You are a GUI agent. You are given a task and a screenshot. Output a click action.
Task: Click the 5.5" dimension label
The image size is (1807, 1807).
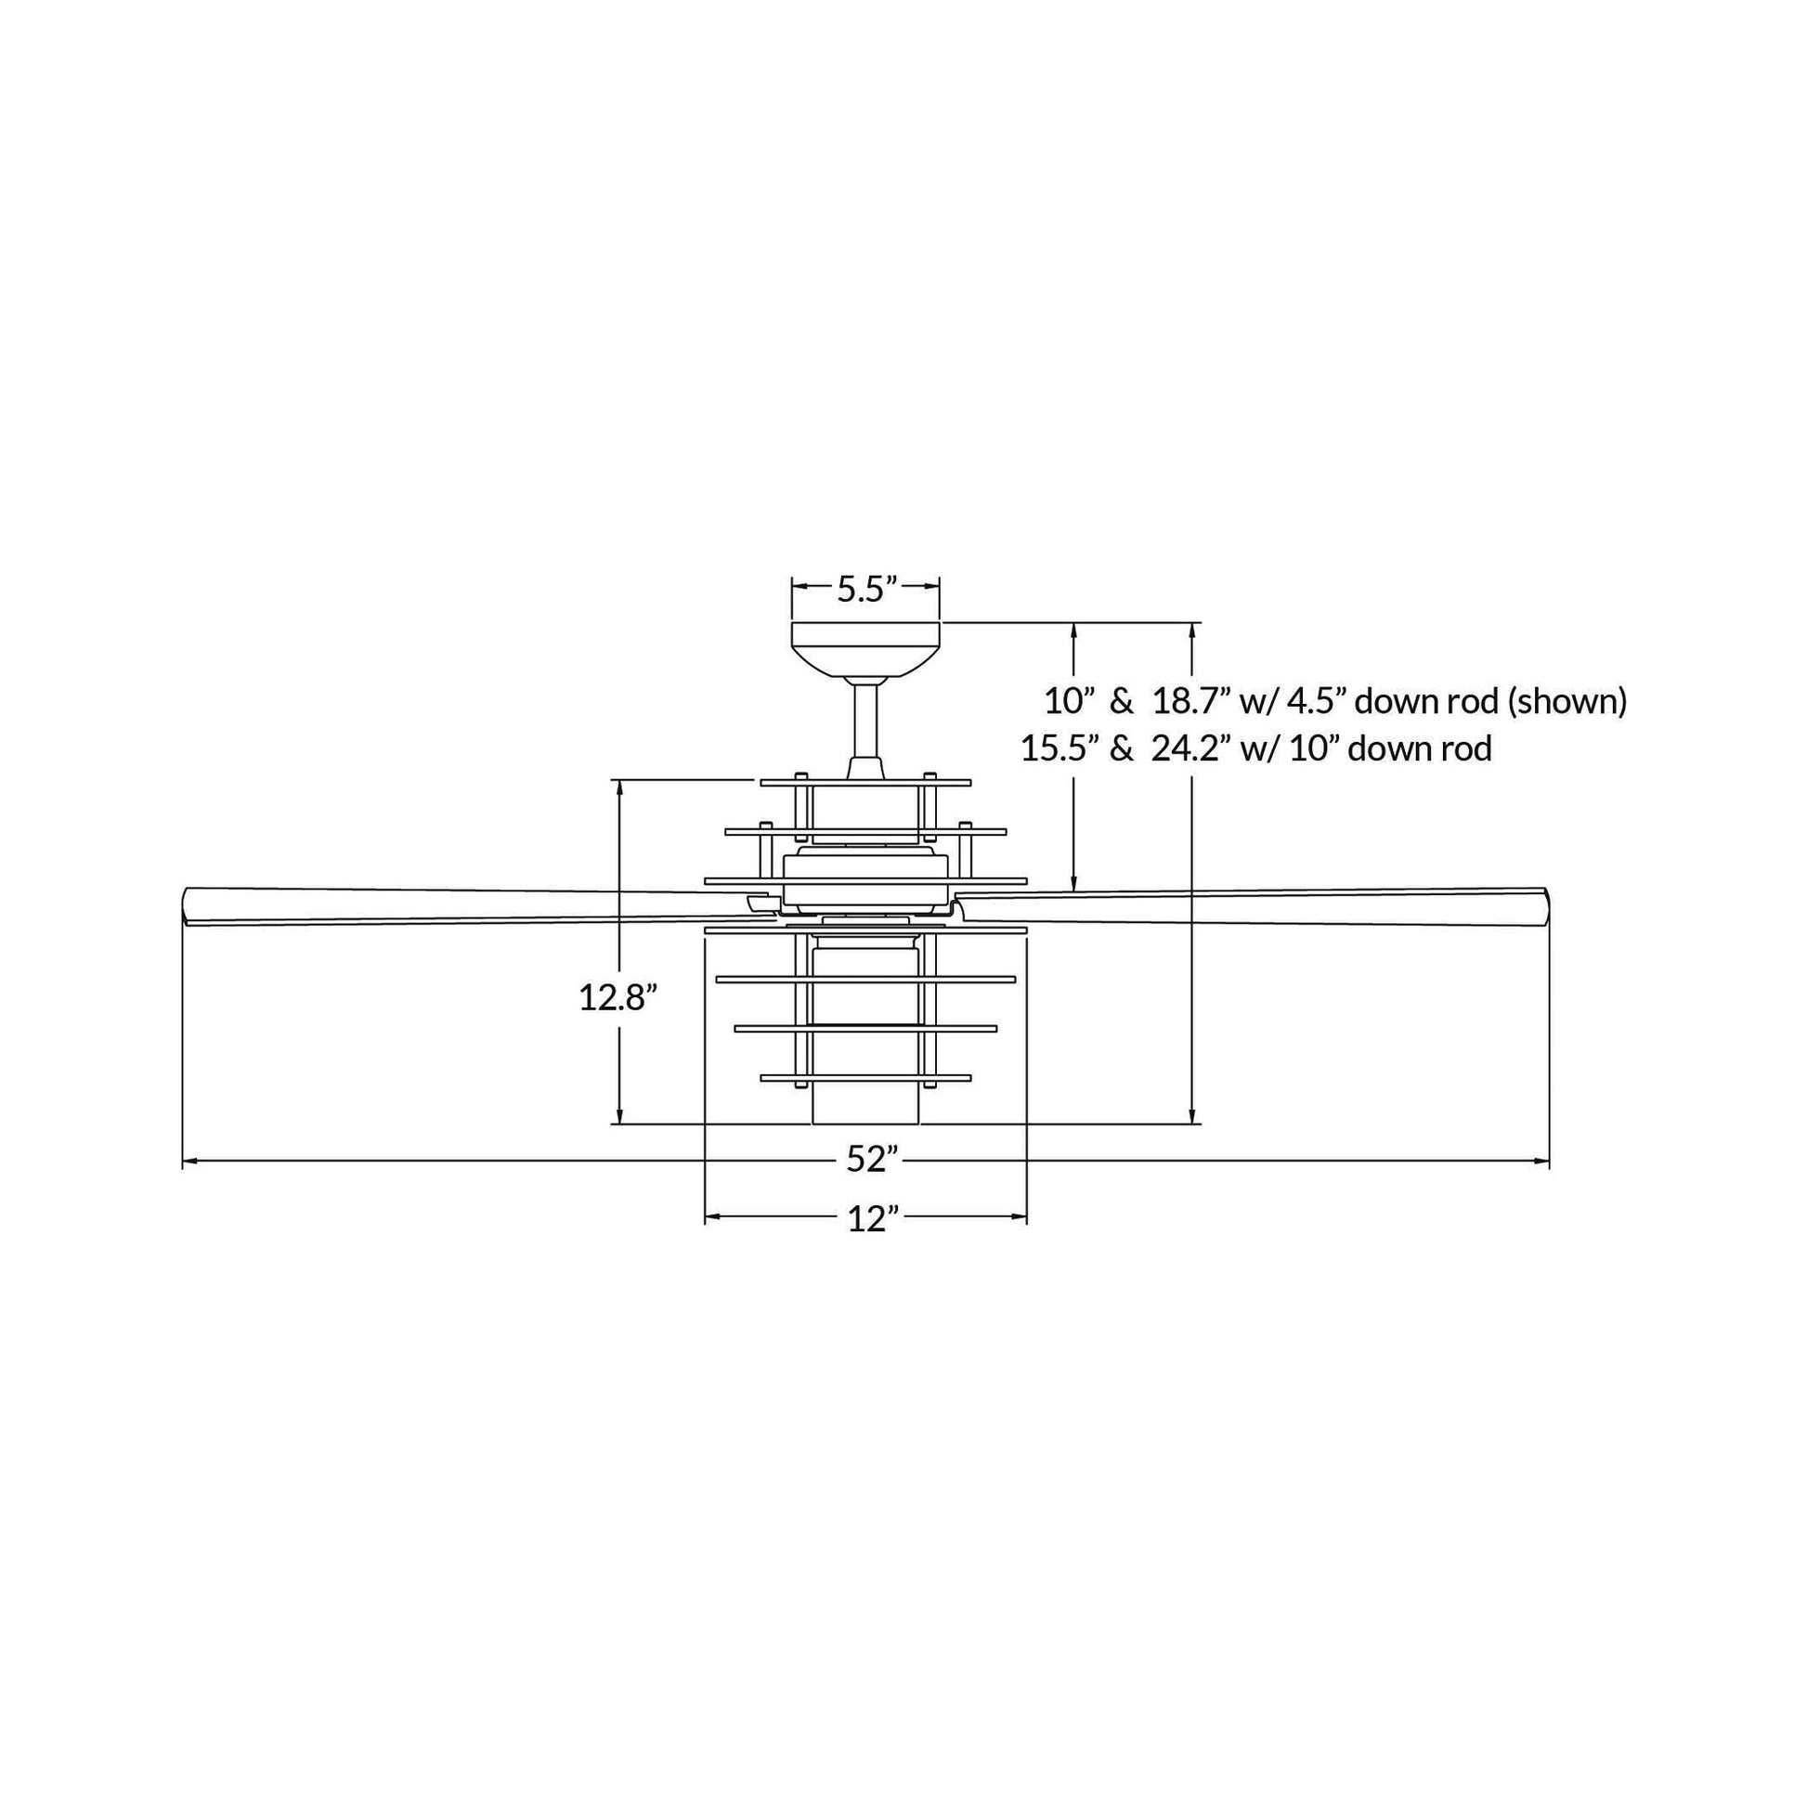click(866, 590)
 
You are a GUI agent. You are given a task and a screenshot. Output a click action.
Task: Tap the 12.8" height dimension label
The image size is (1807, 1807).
click(613, 998)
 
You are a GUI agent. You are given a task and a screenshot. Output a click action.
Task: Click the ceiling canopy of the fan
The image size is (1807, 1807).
click(865, 649)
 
